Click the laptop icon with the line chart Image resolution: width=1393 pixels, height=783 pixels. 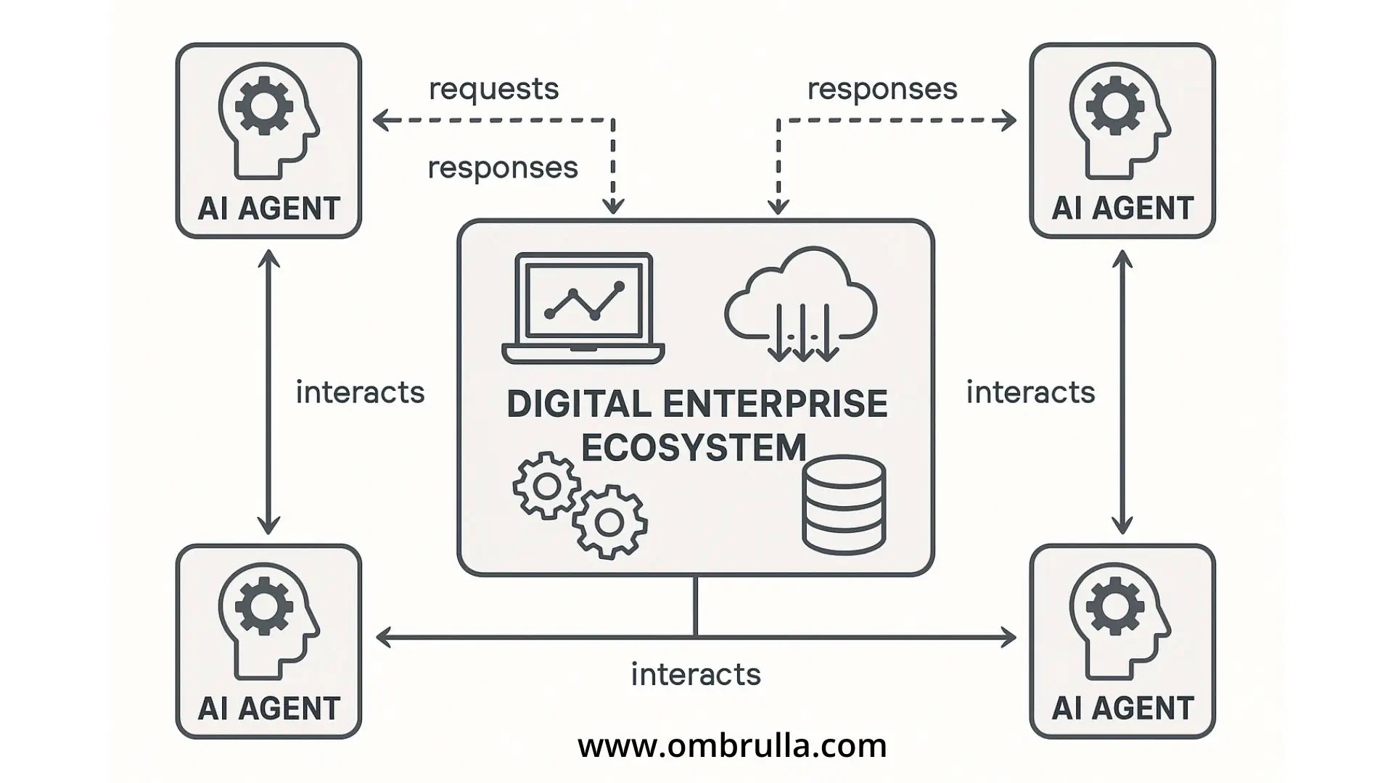pos(583,308)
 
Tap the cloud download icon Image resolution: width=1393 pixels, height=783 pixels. pos(801,305)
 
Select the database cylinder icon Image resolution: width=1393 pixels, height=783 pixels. pos(844,505)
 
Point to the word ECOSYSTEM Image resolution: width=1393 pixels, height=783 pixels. pos(694,447)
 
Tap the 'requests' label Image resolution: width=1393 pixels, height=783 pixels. pos(493,89)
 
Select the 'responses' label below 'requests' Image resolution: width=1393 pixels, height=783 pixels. pos(503,168)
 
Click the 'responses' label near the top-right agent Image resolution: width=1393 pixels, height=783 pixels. pos(882,89)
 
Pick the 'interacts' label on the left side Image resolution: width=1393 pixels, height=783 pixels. pos(360,392)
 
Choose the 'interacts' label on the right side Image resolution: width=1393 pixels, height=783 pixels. pos(1030,392)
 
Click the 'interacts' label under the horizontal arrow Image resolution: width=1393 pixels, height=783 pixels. pos(696,674)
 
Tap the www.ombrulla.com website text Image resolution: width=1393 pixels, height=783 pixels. pos(732,745)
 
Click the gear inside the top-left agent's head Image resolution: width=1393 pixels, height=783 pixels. pos(264,106)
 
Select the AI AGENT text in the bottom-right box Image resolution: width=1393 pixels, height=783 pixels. pos(1122,708)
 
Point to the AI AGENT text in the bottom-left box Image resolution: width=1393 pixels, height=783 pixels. pos(269,708)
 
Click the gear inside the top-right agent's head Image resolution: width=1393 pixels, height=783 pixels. pos(1115,106)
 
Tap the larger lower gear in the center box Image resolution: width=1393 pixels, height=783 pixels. pos(609,522)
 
